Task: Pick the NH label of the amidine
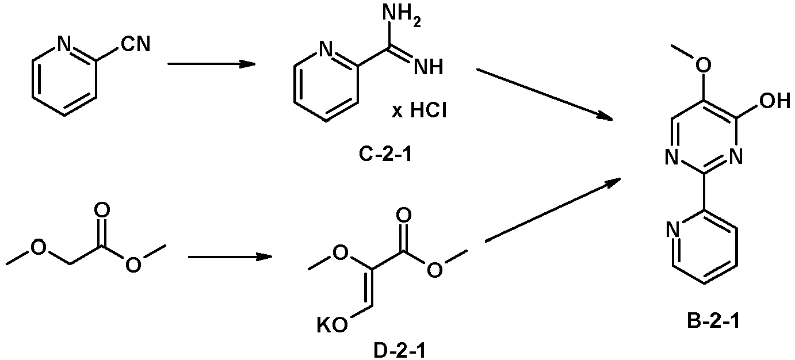click(429, 67)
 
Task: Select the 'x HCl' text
click(419, 111)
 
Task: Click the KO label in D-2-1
click(332, 325)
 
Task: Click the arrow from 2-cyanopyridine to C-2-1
click(211, 64)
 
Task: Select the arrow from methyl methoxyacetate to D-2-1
click(230, 256)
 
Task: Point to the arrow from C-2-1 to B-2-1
click(544, 94)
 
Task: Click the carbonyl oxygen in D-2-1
click(404, 216)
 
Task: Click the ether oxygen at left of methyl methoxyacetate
click(38, 247)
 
